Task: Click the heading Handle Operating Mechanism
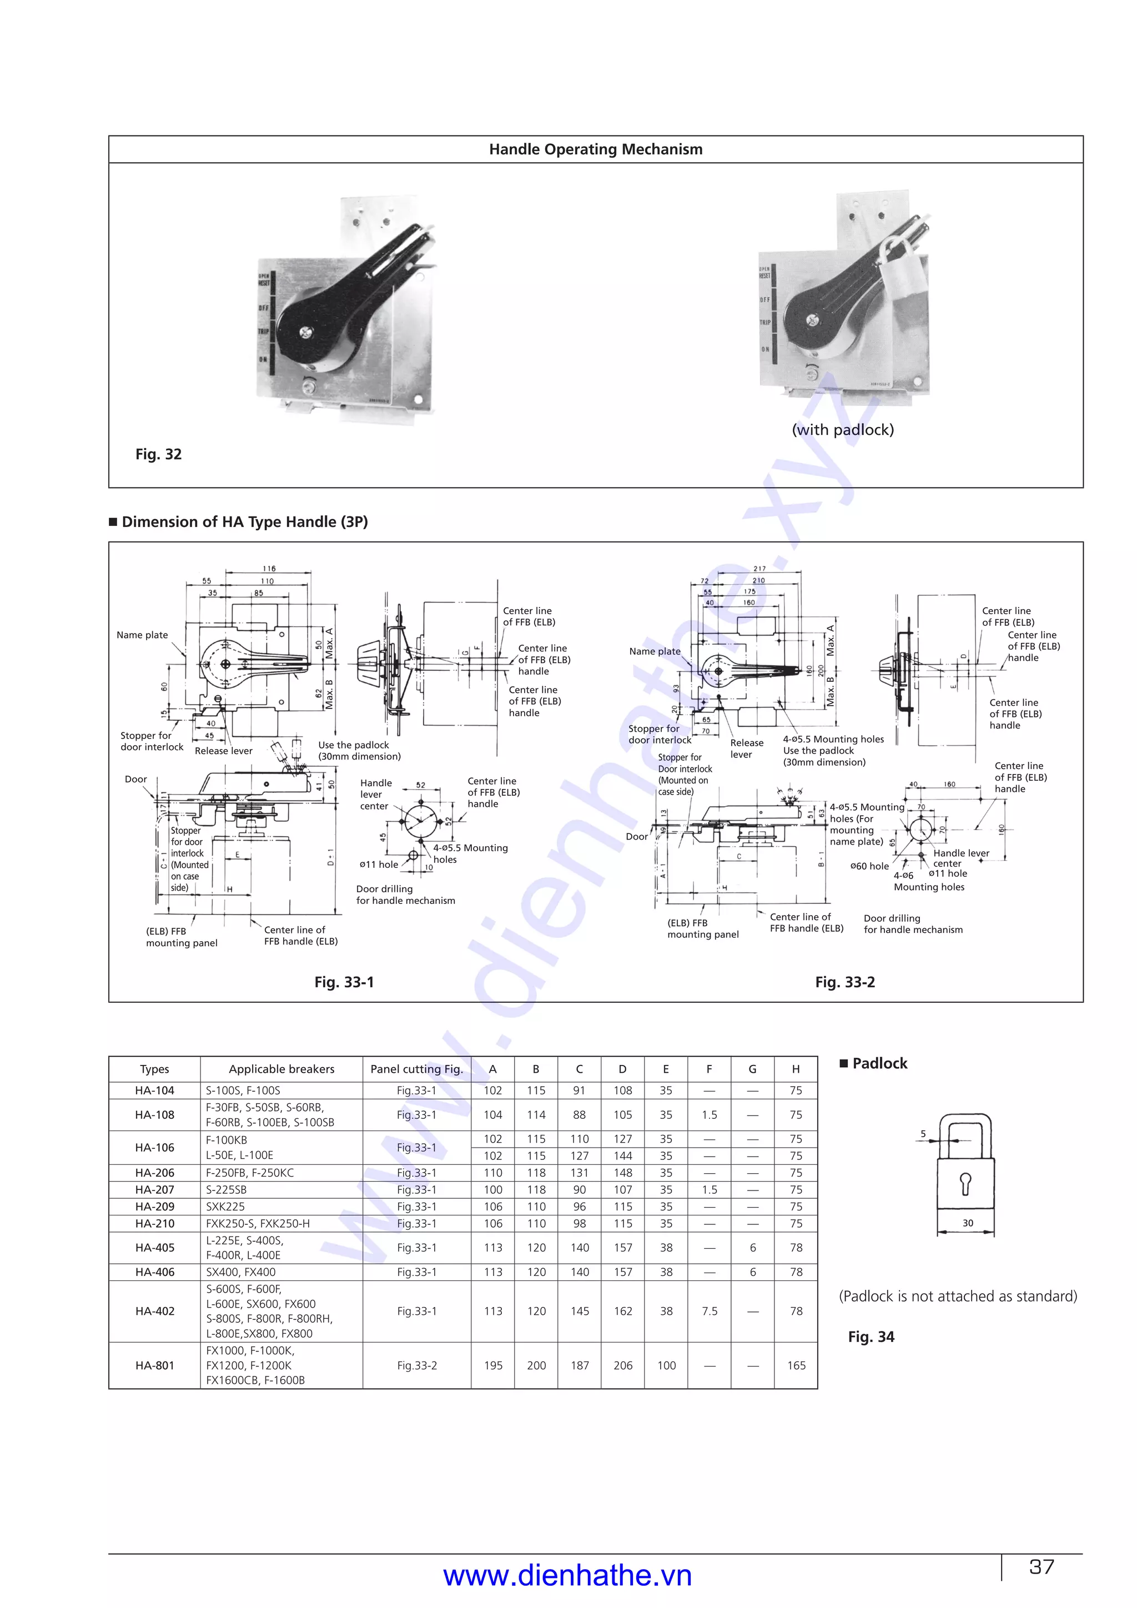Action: click(x=595, y=149)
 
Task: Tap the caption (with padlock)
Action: click(x=842, y=430)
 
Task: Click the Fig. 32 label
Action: click(x=158, y=454)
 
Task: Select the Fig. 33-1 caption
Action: click(x=344, y=982)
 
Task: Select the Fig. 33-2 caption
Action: click(x=844, y=982)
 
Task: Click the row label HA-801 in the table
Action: click(x=155, y=1365)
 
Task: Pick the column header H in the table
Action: click(x=796, y=1069)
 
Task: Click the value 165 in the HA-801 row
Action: click(x=796, y=1365)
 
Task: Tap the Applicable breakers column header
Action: click(x=281, y=1069)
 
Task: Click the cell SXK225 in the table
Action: click(x=225, y=1206)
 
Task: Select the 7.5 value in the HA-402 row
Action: click(x=709, y=1310)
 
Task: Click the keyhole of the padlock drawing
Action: click(x=965, y=1183)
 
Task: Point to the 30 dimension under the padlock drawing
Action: click(x=968, y=1223)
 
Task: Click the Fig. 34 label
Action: click(x=871, y=1336)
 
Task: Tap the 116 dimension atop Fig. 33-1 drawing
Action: click(x=269, y=569)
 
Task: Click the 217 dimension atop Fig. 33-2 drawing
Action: click(x=759, y=569)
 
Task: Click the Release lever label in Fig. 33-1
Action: click(x=223, y=751)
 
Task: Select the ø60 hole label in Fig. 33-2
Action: click(x=869, y=866)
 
